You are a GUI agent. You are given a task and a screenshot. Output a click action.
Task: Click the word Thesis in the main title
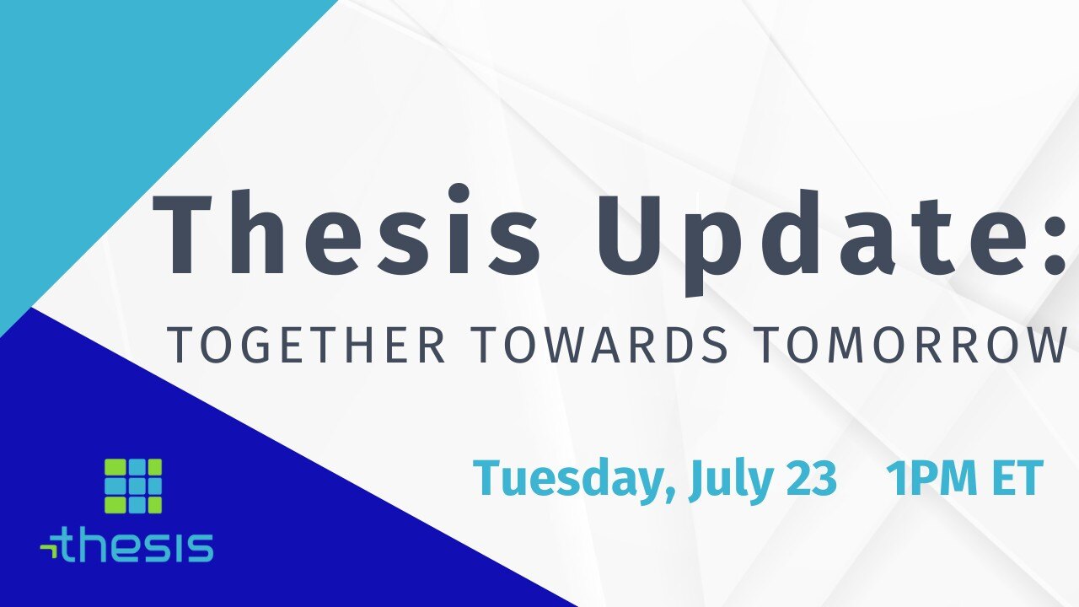click(346, 231)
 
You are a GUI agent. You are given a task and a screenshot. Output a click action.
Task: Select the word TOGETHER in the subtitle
click(306, 345)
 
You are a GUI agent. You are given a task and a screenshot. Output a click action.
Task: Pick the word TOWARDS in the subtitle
click(602, 345)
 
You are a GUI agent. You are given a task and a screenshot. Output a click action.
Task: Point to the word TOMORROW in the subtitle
click(912, 345)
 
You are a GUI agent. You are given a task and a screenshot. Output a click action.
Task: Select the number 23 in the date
click(811, 478)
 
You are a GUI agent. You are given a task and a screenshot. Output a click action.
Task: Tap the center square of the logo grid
click(133, 486)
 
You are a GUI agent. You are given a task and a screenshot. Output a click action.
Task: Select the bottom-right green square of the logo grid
click(153, 504)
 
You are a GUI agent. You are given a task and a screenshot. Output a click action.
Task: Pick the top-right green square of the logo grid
click(153, 467)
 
